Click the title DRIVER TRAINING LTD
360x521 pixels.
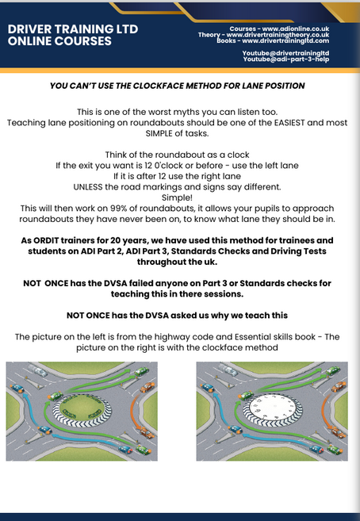pos(73,29)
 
